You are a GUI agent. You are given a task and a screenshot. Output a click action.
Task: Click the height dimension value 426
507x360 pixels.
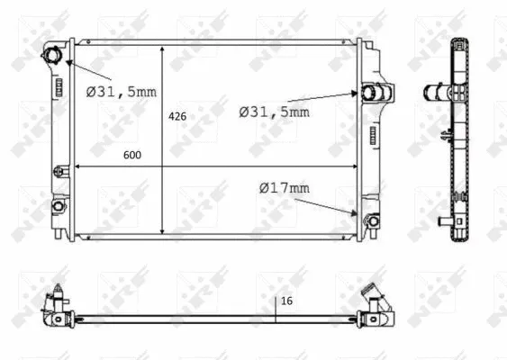[x=177, y=116]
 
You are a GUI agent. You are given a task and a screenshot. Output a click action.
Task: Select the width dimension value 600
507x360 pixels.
[x=131, y=155]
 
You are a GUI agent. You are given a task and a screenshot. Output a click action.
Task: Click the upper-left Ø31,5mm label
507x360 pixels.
[x=121, y=90]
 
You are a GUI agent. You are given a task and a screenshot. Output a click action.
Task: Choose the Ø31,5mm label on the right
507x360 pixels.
[x=274, y=112]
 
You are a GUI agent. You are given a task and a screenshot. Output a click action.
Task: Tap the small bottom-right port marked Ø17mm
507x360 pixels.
[x=367, y=218]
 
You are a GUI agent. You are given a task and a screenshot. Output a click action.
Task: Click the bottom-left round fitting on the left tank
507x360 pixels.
[x=57, y=206]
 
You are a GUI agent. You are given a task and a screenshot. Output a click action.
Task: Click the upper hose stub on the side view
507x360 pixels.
[x=434, y=92]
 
